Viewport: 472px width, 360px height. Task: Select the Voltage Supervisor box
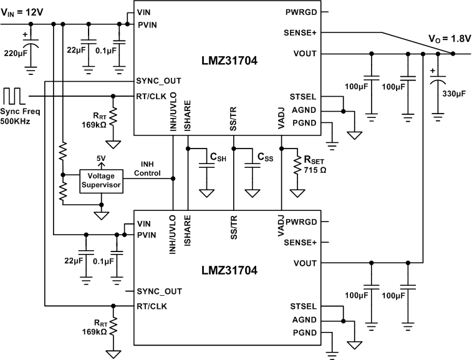101,180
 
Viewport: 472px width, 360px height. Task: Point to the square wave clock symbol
14,95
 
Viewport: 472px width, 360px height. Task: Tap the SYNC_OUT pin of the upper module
159,81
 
